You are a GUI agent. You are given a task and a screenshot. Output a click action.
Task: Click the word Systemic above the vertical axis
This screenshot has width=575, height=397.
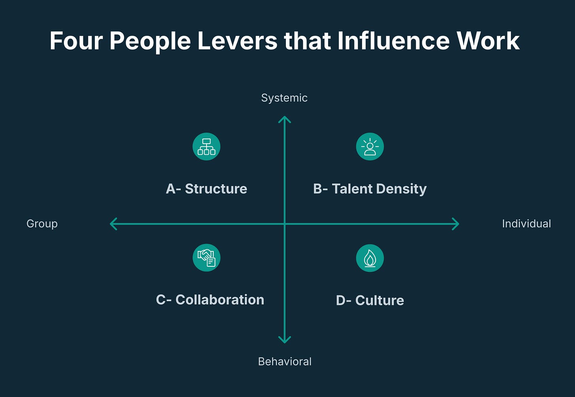pyautogui.click(x=284, y=98)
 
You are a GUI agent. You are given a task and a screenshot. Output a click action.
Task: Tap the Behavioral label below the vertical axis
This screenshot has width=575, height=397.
pyautogui.click(x=285, y=361)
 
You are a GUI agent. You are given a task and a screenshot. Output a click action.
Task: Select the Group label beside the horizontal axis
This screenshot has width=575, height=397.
pyautogui.click(x=42, y=224)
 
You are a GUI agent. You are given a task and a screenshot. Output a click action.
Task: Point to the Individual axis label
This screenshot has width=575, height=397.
pyautogui.click(x=526, y=224)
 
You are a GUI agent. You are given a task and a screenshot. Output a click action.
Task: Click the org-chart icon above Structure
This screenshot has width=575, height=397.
pyautogui.click(x=207, y=147)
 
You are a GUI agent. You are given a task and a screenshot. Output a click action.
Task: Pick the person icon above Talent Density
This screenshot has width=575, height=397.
pyautogui.click(x=370, y=147)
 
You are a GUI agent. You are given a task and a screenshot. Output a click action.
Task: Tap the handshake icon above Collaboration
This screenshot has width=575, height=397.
pyautogui.click(x=207, y=258)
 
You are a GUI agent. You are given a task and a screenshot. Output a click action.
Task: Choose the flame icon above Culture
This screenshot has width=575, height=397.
pyautogui.click(x=370, y=258)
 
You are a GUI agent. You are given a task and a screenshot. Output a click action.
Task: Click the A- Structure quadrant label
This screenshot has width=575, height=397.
pyautogui.click(x=207, y=189)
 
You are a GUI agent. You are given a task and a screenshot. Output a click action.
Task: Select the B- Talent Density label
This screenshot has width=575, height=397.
pyautogui.click(x=370, y=189)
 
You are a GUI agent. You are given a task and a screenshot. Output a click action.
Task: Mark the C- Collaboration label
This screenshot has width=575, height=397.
pyautogui.click(x=210, y=300)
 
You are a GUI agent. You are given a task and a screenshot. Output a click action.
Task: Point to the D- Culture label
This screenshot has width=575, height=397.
pyautogui.click(x=370, y=300)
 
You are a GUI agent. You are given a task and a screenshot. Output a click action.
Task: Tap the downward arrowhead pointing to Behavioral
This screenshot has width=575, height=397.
pyautogui.click(x=284, y=340)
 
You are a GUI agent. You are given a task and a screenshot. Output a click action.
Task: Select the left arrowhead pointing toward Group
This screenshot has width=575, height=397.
pyautogui.click(x=113, y=224)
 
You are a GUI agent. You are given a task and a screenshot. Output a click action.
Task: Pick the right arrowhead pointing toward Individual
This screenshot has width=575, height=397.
pyautogui.click(x=456, y=224)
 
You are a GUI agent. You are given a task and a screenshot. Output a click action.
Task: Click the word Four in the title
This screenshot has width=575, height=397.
pyautogui.click(x=76, y=41)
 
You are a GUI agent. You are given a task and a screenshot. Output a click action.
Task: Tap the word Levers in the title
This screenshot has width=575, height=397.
pyautogui.click(x=237, y=41)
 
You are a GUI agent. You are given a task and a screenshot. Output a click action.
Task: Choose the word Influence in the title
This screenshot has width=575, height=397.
pyautogui.click(x=393, y=41)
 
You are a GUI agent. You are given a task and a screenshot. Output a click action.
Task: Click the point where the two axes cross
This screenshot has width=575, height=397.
pyautogui.click(x=284, y=224)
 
